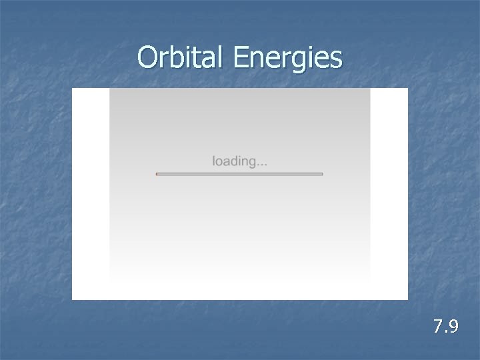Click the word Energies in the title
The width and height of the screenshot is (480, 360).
[x=288, y=59]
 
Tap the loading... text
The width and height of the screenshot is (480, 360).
[x=240, y=161]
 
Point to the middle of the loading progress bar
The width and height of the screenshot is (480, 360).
[x=239, y=174]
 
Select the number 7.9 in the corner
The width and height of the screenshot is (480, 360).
[x=445, y=327]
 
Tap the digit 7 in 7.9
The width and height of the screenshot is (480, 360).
[x=437, y=327]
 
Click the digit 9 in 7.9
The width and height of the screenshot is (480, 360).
[x=453, y=327]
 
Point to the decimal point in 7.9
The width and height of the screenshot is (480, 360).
[x=445, y=331]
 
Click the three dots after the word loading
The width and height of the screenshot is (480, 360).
[x=263, y=163]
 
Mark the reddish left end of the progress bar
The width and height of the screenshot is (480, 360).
[x=157, y=174]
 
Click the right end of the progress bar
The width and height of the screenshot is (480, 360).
[x=321, y=174]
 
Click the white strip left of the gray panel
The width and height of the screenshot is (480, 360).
[x=91, y=193]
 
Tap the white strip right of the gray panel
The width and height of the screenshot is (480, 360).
[x=389, y=193]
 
